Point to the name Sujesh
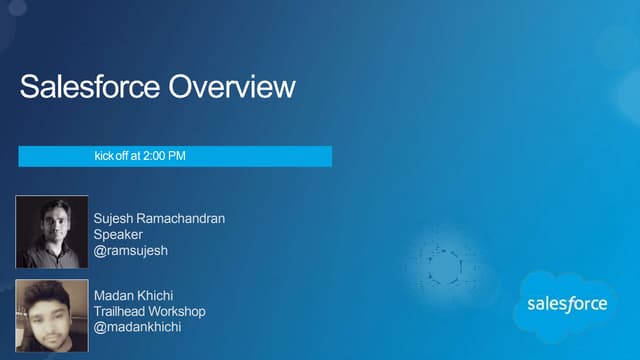click(115, 218)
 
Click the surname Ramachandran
click(184, 218)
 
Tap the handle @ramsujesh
click(130, 250)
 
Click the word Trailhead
click(121, 311)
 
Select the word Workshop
click(178, 311)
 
